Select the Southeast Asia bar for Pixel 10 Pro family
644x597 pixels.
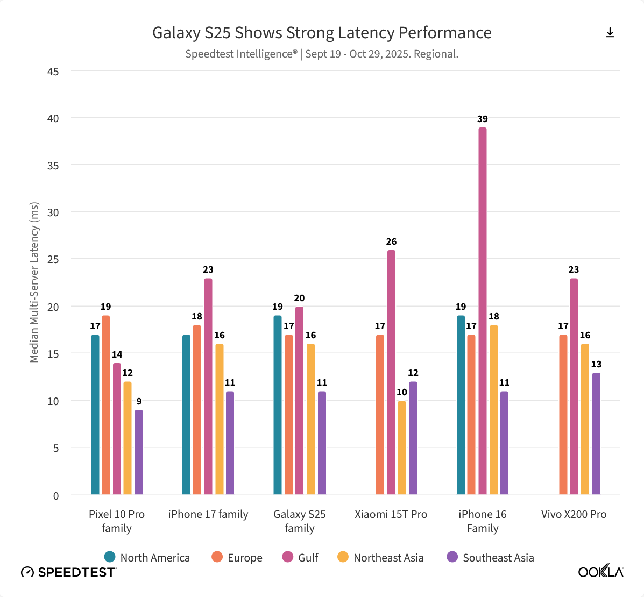coord(139,452)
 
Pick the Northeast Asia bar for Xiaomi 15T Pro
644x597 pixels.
coord(402,447)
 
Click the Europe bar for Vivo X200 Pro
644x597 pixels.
coord(563,415)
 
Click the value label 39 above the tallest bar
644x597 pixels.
coord(483,119)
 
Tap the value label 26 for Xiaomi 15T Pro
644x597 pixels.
coord(391,241)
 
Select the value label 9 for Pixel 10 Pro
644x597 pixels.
coord(139,401)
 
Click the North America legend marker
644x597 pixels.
coord(110,557)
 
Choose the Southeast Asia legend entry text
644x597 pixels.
coord(498,558)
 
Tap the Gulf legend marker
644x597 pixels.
coord(288,557)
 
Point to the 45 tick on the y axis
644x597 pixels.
coord(53,72)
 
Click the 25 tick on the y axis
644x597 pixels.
coord(53,259)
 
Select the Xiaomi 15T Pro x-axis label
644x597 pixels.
coord(391,514)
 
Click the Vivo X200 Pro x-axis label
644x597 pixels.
coord(574,514)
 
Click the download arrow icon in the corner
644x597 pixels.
coord(610,33)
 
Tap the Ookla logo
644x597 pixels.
coord(600,571)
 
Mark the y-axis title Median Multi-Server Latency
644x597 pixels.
coord(34,282)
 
